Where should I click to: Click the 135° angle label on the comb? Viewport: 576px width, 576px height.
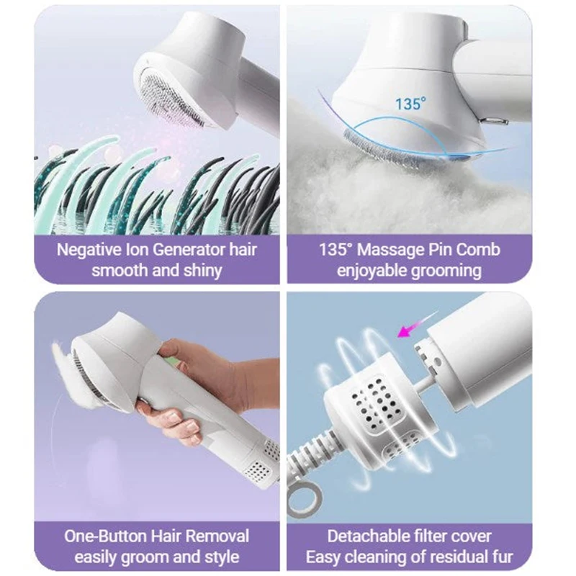tap(411, 103)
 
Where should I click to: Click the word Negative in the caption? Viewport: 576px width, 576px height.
tap(88, 250)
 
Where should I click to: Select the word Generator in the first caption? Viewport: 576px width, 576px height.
tap(189, 250)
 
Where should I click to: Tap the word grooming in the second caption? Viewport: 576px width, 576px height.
tap(446, 271)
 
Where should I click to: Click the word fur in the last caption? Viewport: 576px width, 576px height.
tap(503, 557)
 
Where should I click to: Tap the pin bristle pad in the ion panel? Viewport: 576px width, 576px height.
tap(174, 99)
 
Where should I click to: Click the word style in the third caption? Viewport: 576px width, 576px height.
tap(220, 557)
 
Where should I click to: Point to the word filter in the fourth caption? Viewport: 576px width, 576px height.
tap(433, 536)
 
